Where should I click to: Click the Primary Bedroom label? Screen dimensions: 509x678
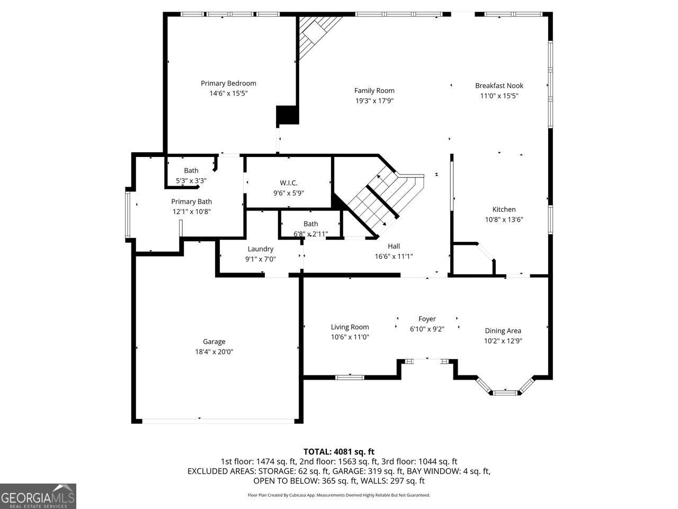pos(228,83)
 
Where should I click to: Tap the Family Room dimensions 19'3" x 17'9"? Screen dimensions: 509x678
pos(374,101)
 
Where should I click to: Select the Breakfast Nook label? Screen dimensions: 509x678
pos(499,85)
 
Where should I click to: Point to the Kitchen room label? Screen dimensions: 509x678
pos(504,209)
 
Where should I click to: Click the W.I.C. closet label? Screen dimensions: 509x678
pos(289,183)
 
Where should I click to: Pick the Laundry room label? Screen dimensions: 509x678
pos(260,249)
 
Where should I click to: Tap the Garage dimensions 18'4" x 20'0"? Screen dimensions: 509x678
pos(214,352)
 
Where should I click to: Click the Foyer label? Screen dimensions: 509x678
pos(427,319)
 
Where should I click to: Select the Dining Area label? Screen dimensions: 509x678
pos(503,331)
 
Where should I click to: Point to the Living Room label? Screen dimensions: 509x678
pos(350,327)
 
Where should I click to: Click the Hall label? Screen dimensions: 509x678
pos(394,246)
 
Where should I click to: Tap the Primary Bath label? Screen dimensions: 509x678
pos(191,201)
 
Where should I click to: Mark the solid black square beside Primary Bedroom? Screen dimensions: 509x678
pos(288,115)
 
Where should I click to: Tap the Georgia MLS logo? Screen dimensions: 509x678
pos(38,496)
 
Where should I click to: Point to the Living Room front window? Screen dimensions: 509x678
pos(350,377)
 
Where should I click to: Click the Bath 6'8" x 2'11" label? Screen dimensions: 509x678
pos(311,224)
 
